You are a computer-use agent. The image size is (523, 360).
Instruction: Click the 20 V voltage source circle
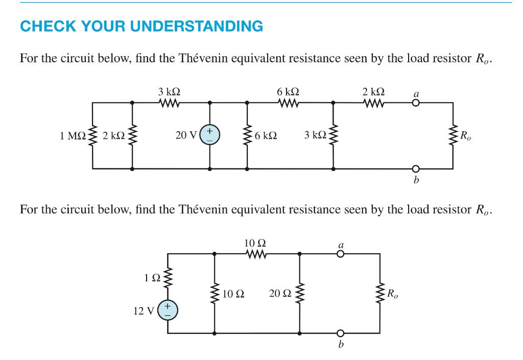pos(210,135)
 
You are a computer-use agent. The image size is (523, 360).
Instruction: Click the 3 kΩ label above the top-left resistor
pos(169,92)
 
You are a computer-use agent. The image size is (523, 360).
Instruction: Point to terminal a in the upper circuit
pos(416,103)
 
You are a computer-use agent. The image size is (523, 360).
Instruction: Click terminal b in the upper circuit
pos(416,169)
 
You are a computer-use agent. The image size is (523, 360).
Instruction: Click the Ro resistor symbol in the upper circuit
pos(452,135)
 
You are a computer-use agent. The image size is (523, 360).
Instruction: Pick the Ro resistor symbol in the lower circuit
pos(380,294)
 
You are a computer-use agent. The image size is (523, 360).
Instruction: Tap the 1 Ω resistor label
pos(152,278)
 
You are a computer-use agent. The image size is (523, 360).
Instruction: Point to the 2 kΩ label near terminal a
pos(373,92)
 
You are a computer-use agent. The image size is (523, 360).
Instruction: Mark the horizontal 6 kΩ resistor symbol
pos(288,103)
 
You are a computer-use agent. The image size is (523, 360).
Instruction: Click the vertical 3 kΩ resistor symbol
pos(334,135)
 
